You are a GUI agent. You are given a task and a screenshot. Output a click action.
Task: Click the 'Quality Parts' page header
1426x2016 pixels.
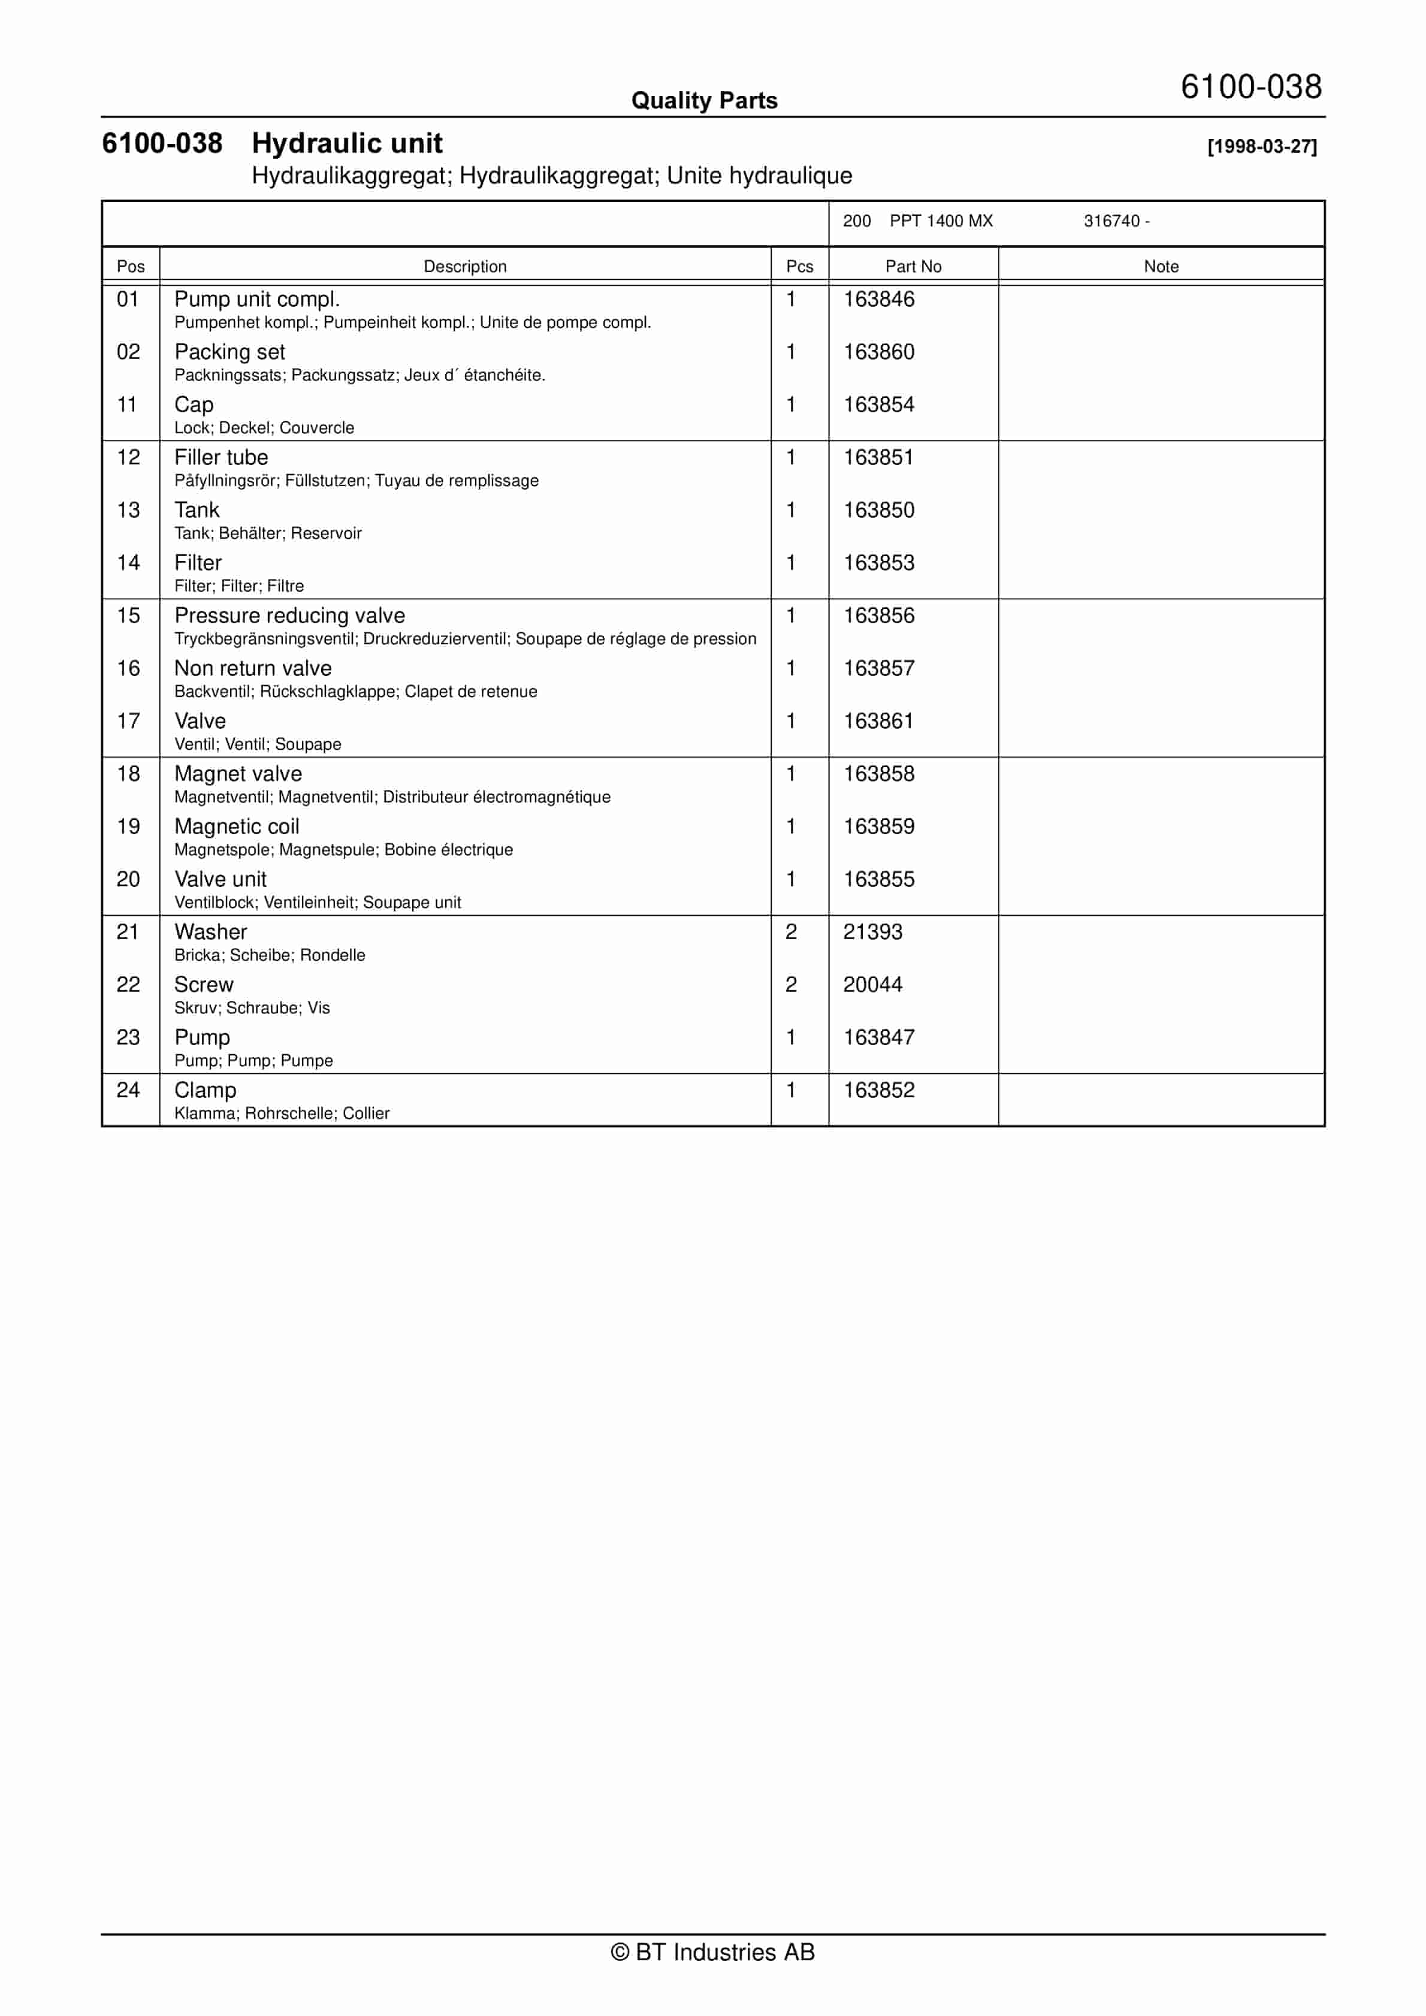tap(704, 101)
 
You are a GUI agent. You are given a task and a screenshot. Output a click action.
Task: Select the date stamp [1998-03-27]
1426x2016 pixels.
tap(1262, 147)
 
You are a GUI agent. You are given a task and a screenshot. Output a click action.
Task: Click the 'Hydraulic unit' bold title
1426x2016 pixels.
tap(347, 143)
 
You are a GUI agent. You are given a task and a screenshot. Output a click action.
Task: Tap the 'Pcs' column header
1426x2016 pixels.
tap(799, 266)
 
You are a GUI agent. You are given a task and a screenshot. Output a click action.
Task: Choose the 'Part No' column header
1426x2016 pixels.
tap(913, 266)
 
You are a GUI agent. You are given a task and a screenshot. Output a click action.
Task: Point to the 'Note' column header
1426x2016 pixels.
tap(1161, 266)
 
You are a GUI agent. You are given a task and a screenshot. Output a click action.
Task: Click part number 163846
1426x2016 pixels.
tap(879, 300)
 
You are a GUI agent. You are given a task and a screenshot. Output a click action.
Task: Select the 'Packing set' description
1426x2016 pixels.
tap(229, 352)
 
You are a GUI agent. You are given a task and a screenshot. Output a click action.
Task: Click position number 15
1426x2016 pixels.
tap(128, 615)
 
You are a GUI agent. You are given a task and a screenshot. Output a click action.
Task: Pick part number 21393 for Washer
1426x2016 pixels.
tap(873, 932)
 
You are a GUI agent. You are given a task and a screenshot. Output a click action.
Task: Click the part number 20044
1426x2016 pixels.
tap(873, 984)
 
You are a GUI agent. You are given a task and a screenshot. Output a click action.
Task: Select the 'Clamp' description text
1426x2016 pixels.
tap(206, 1090)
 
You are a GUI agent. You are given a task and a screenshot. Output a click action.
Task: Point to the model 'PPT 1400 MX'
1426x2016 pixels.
tap(941, 221)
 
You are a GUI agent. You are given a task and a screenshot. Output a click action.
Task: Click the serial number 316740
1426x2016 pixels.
tap(1111, 221)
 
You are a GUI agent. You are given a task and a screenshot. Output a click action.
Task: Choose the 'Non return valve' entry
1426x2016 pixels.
tap(253, 668)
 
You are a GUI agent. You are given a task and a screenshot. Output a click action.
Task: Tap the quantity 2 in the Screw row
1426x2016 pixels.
tap(791, 984)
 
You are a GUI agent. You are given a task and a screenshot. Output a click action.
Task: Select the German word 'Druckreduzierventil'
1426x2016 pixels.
tap(436, 638)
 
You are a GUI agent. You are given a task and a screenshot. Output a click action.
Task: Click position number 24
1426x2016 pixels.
tap(128, 1090)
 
